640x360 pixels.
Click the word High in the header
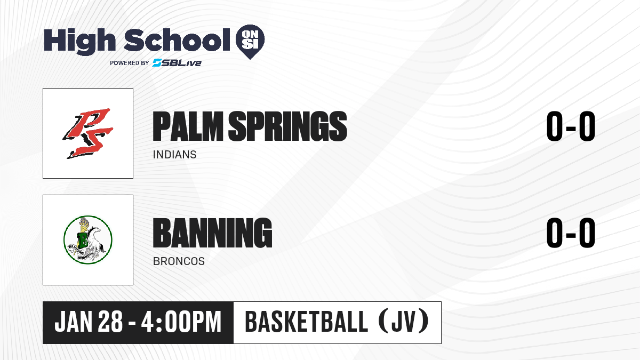coord(79,42)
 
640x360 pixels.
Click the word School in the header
coord(177,40)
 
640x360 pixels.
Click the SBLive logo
coord(177,62)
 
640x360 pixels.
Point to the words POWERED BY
coord(130,63)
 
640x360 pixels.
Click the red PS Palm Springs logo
coord(88,133)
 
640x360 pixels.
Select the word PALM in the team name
coord(188,126)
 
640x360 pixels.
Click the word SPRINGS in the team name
coord(287,126)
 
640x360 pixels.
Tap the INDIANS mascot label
coord(174,155)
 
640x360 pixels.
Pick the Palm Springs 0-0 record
coord(571,126)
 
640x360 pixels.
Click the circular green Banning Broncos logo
coord(88,240)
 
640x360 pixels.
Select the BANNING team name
coord(213,233)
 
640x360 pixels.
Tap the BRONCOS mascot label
coord(179,261)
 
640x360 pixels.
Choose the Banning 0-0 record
coord(571,233)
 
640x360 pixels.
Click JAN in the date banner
coord(74,322)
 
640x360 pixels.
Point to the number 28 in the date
coord(110,322)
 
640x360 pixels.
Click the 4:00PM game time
coord(181,322)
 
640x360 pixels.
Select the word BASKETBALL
coord(306,322)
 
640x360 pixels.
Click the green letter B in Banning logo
coord(83,240)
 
